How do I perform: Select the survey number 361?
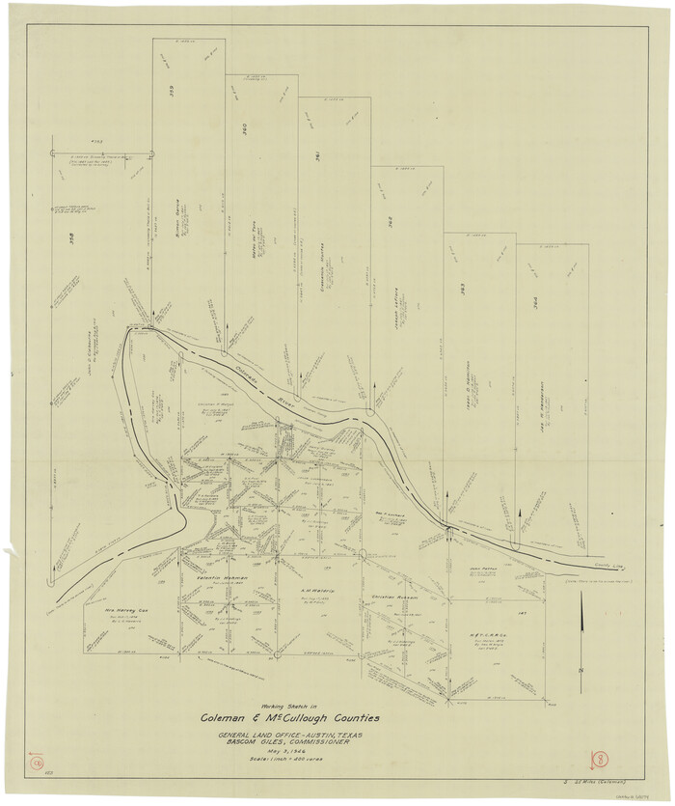[318, 161]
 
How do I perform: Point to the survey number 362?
[391, 221]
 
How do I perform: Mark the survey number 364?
[536, 300]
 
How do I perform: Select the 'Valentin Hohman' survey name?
[225, 578]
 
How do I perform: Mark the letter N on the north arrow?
[580, 670]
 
